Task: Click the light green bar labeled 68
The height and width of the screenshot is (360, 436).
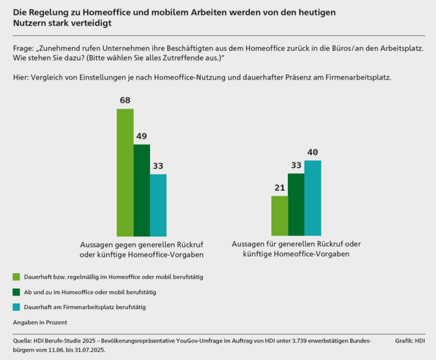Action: click(x=125, y=173)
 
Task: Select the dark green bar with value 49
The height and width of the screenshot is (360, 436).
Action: click(x=141, y=190)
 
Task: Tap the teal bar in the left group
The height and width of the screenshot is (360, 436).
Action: click(x=158, y=205)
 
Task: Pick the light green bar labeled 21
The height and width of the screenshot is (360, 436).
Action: click(x=279, y=216)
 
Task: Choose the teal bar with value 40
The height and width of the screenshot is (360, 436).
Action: click(x=312, y=198)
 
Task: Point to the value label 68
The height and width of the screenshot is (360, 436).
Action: click(x=125, y=101)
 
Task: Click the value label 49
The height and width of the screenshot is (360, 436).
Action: click(x=141, y=137)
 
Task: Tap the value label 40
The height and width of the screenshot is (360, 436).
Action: click(x=312, y=152)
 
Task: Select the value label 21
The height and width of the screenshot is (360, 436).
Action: click(x=279, y=188)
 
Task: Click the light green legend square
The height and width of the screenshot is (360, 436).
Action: click(x=16, y=276)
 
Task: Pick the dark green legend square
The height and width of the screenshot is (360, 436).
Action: click(x=16, y=292)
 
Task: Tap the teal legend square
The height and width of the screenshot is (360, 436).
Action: click(x=16, y=307)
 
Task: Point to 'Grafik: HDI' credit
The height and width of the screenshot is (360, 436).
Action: click(x=410, y=339)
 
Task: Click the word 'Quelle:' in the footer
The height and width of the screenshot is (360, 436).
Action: click(x=22, y=339)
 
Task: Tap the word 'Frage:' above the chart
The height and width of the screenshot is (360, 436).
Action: click(x=24, y=49)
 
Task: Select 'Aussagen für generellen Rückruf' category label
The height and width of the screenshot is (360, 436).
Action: click(x=295, y=244)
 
